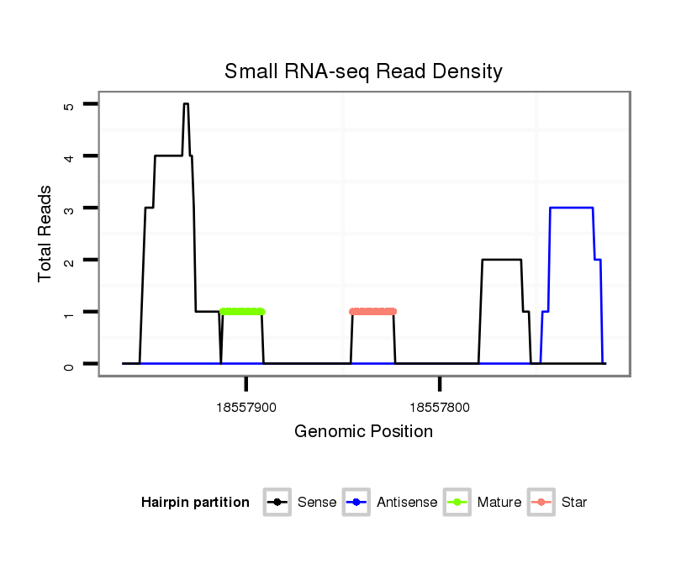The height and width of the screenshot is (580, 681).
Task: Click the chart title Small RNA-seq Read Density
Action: coord(363,71)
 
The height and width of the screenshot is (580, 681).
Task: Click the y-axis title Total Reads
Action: coord(45,234)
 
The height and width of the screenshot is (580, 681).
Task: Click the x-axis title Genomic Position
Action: coord(363,432)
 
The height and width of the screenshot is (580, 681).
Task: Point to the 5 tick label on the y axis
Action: coord(69,105)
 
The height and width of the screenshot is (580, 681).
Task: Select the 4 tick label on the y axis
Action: coord(69,157)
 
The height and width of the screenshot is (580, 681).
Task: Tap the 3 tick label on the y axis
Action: coord(69,208)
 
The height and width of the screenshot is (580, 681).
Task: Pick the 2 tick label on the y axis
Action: coord(69,261)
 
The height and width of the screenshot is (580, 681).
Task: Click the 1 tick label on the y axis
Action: coord(69,313)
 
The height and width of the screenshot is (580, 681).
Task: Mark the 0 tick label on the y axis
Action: coord(69,365)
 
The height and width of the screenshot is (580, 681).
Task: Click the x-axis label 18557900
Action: coord(246,408)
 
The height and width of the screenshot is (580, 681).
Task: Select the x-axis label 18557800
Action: coord(440,408)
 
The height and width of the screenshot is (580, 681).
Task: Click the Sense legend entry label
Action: coord(317,503)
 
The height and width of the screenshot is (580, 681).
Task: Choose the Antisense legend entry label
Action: coord(407,503)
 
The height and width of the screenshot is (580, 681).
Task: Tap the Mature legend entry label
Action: coord(499,503)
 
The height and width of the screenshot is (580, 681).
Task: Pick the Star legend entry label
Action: coord(573,503)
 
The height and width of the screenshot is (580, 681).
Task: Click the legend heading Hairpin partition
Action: coord(195,503)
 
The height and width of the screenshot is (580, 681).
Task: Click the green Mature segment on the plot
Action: coord(242,311)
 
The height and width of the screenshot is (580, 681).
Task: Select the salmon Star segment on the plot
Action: coord(372,311)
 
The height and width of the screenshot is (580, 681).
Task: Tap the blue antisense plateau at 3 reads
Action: coord(572,208)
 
